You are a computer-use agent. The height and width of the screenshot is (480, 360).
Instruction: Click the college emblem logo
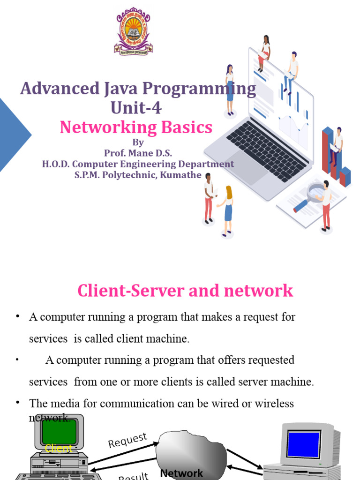pos(134,31)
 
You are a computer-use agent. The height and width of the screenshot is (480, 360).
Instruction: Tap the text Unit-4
pos(136,108)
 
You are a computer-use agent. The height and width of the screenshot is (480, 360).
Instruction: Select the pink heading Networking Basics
pos(136,127)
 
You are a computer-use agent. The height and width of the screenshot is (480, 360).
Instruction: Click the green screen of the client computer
pos(59,432)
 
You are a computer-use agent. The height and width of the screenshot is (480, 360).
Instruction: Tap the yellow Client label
pos(59,449)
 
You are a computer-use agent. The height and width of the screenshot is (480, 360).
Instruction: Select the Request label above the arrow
pos(127,441)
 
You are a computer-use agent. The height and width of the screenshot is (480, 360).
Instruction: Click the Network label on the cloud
pos(181,473)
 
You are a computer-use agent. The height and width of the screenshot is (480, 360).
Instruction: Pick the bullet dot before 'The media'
pos(18,403)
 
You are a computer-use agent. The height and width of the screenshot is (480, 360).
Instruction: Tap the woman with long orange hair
pos(228,209)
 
